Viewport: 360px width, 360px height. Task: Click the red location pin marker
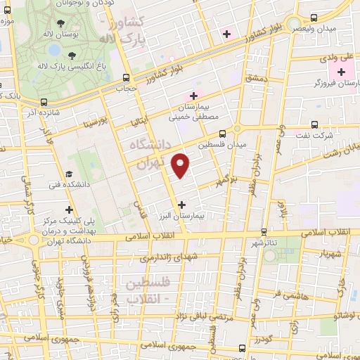181,165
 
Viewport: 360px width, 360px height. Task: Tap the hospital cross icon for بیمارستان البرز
182,204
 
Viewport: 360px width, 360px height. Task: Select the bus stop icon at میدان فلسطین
223,132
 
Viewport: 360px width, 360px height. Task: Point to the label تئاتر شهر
264,243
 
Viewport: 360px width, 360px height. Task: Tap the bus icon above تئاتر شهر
264,231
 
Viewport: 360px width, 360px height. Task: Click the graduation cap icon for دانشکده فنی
68,174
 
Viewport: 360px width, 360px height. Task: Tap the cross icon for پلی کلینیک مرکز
69,209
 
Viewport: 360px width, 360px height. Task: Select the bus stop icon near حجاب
126,77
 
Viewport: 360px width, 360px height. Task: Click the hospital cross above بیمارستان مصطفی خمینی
193,95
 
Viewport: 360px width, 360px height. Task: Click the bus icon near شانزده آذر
44,101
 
